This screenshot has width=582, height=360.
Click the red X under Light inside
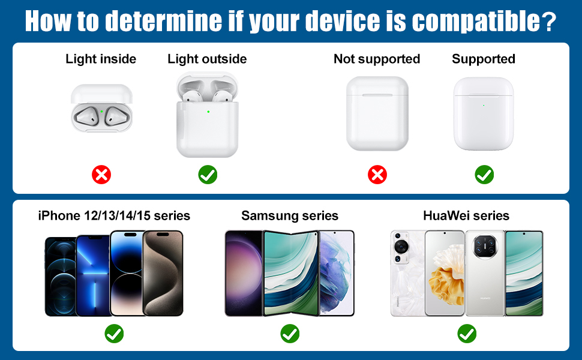click(x=101, y=175)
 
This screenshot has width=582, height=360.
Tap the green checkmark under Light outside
click(x=208, y=175)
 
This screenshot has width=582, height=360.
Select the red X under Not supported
click(x=377, y=175)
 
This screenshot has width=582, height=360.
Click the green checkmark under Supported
click(x=484, y=175)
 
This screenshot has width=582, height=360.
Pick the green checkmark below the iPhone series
click(x=114, y=334)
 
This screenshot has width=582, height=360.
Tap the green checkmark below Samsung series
click(x=290, y=334)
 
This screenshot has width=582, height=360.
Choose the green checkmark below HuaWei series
click(x=467, y=334)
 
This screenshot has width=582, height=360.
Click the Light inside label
click(x=101, y=59)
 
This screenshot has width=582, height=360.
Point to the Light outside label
click(x=207, y=59)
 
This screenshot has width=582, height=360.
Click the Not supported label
click(x=377, y=59)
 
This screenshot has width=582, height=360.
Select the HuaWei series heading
click(x=466, y=215)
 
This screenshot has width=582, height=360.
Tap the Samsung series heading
click(x=290, y=215)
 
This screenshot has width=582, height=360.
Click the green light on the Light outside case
click(x=208, y=112)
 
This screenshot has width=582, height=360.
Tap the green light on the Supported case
click(x=484, y=106)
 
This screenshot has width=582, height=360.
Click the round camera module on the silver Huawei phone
click(x=485, y=246)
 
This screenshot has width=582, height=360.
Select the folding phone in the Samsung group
click(x=291, y=273)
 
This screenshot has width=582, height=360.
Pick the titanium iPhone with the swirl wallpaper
click(x=163, y=273)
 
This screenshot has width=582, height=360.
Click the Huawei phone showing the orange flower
click(x=444, y=273)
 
